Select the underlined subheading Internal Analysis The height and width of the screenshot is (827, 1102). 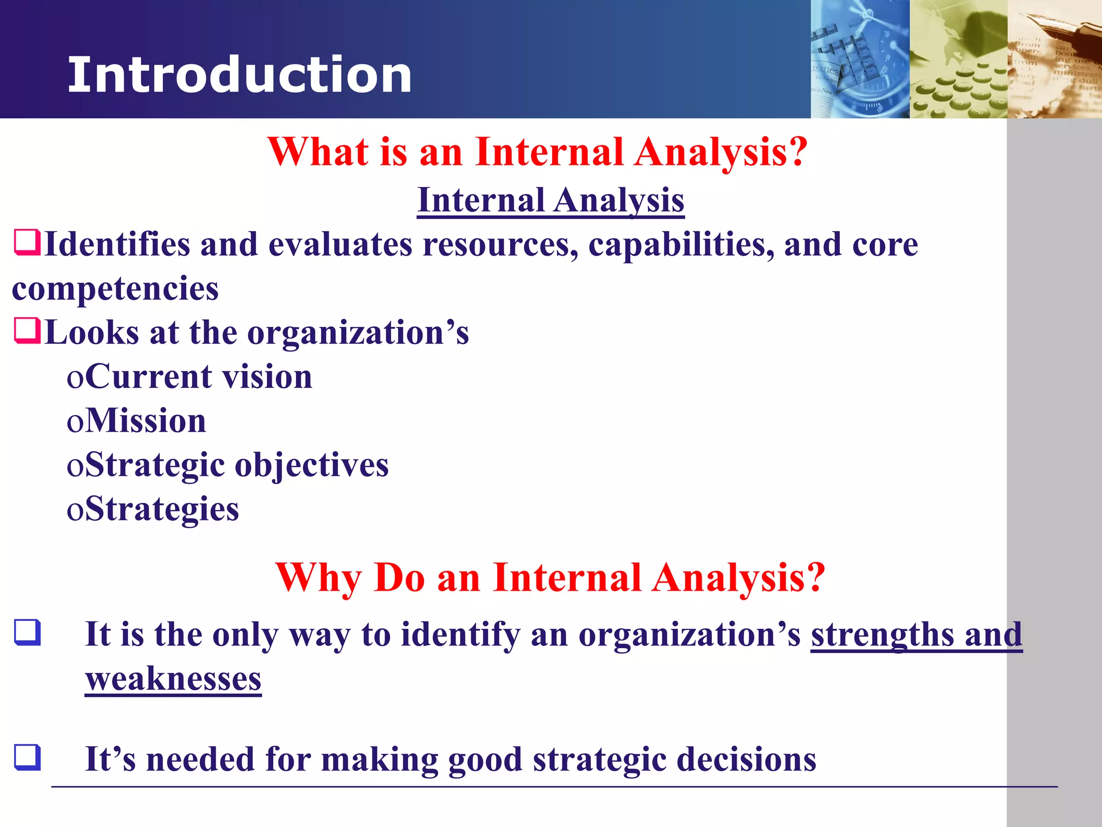coord(550,200)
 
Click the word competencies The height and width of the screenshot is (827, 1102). coord(115,289)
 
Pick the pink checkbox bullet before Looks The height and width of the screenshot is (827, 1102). coord(27,331)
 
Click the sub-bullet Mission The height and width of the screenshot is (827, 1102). coord(145,420)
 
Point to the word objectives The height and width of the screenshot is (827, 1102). coord(312,465)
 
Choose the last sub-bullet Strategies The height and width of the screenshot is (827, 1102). coord(161,509)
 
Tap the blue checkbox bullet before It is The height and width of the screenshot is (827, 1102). coord(27,633)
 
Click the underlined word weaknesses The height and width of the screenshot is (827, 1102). coord(173,679)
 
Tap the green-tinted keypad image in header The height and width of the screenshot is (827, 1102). coord(958,65)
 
